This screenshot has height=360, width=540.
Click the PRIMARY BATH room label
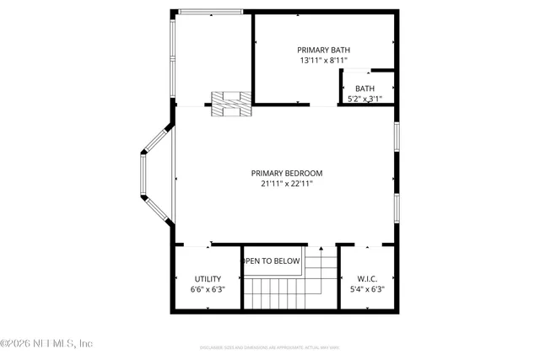[x=323, y=49]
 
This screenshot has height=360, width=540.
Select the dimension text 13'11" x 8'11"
[x=323, y=61]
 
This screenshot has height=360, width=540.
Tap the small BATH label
[x=364, y=89]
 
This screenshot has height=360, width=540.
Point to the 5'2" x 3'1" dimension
[x=364, y=99]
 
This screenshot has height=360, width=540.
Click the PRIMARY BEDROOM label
[x=287, y=173]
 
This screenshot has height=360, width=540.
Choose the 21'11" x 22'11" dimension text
[x=287, y=184]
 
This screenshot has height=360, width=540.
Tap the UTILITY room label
[x=208, y=279]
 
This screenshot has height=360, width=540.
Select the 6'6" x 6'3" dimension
[x=208, y=290]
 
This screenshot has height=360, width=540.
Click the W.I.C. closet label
[x=366, y=279]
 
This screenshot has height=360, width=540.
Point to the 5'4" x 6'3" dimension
[x=366, y=290]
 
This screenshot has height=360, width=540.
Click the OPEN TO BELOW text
[x=272, y=261]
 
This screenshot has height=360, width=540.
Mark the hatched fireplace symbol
[x=230, y=103]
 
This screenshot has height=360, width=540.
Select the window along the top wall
[x=210, y=12]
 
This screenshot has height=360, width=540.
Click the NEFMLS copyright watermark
[x=47, y=343]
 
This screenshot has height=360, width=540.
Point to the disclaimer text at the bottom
[x=270, y=347]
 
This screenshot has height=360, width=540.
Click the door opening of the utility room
[x=197, y=245]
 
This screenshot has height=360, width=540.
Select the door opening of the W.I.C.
[x=368, y=245]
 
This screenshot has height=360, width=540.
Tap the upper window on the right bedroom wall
[x=396, y=139]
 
